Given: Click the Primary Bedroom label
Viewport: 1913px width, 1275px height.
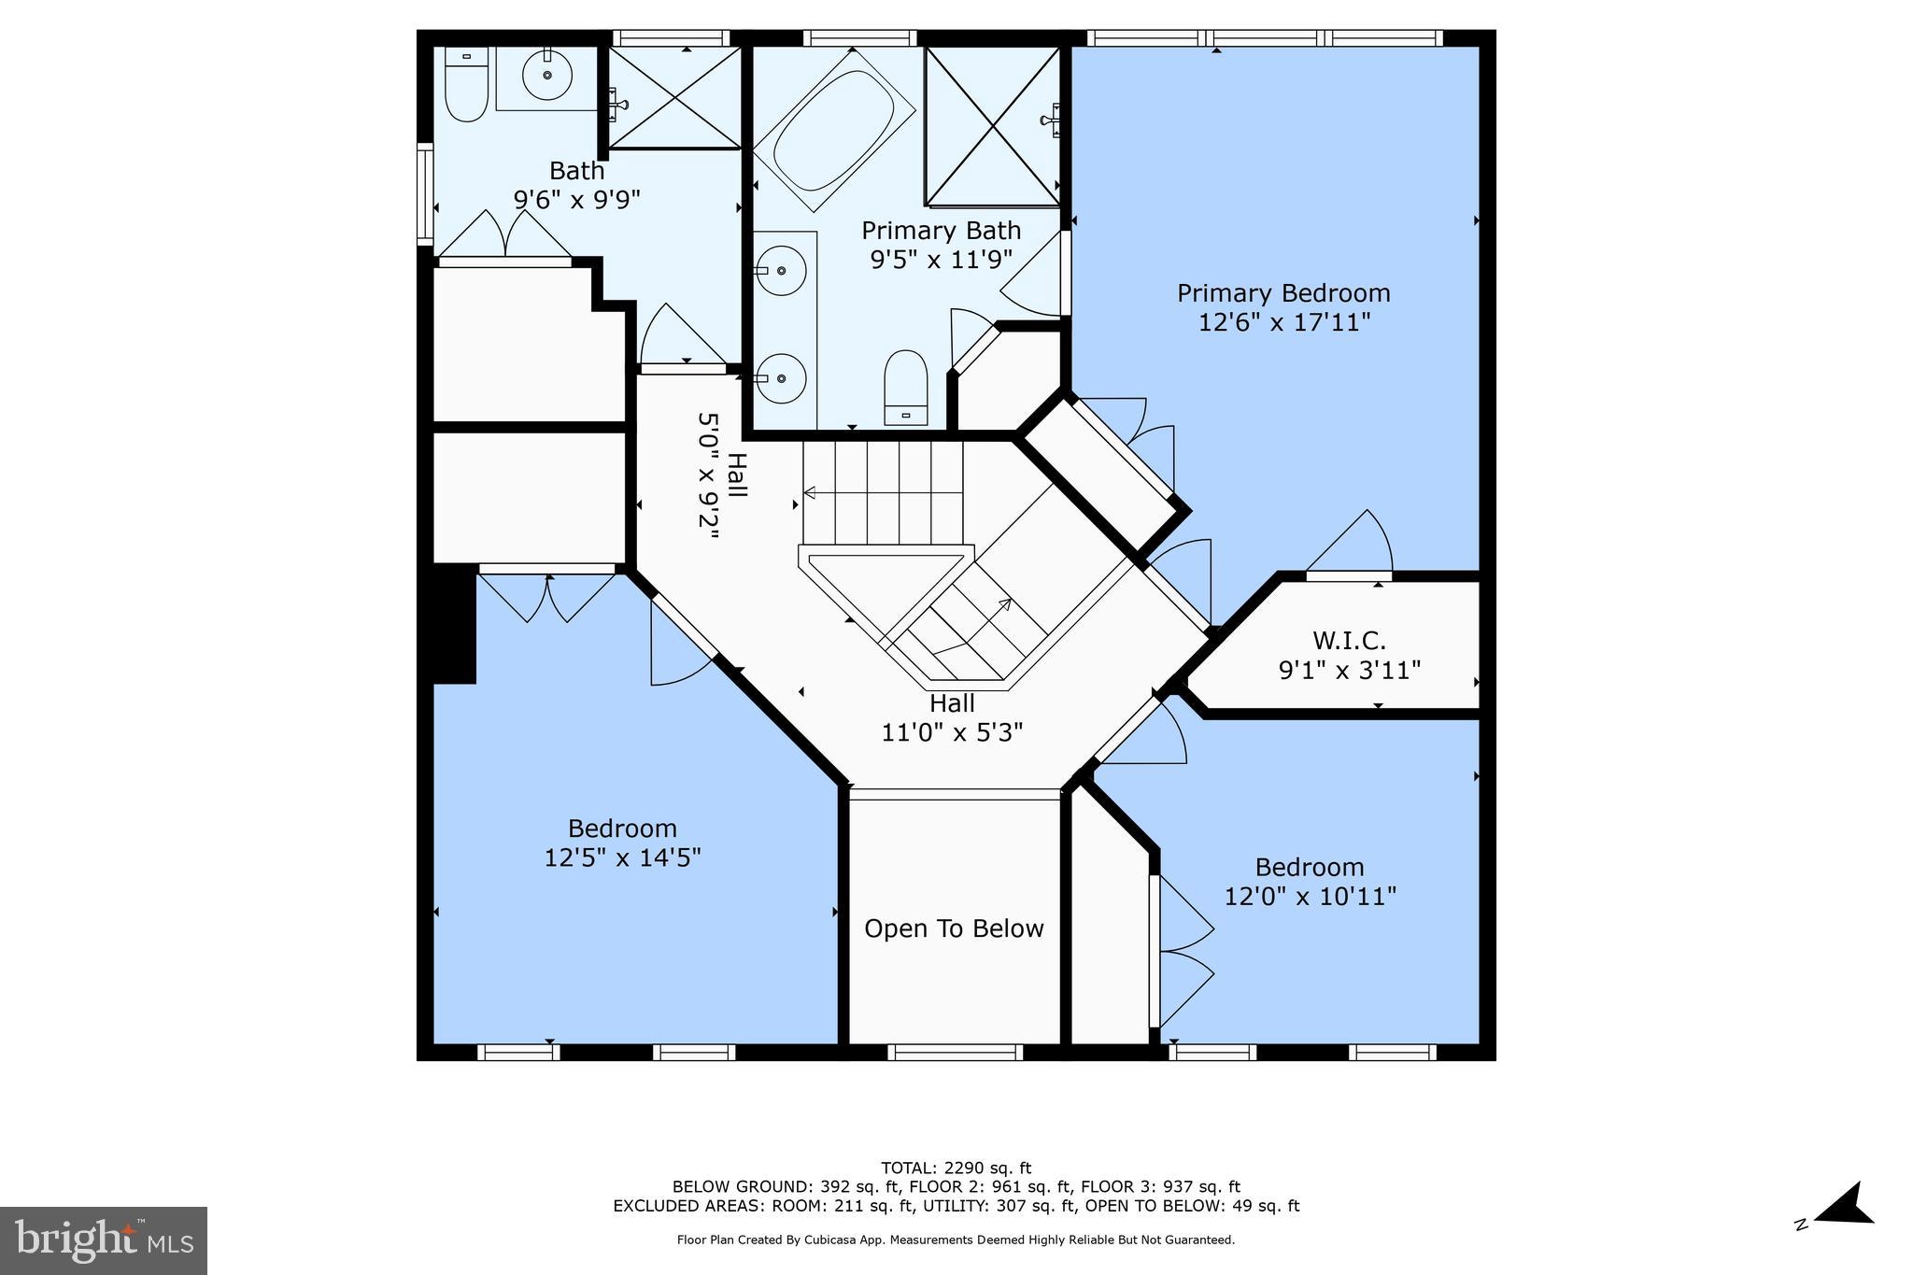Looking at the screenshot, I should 1282,293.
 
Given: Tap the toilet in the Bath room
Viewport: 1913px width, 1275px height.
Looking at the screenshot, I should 466,87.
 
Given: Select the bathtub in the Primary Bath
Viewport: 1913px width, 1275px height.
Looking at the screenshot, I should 833,129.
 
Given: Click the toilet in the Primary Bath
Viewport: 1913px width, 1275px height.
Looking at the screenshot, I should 905,387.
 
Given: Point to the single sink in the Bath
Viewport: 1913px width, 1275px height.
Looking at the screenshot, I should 546,76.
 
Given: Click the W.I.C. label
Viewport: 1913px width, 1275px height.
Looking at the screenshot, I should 1349,641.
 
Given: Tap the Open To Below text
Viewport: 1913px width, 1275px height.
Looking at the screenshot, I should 954,928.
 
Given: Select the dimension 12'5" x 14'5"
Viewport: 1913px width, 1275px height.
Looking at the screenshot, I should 622,857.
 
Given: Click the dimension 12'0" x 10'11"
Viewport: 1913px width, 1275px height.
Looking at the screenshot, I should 1310,897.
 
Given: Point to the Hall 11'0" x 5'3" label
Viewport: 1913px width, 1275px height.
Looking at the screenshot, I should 952,717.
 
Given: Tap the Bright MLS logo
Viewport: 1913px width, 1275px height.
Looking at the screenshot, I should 104,1240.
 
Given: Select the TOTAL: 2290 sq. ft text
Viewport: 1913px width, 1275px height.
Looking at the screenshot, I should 956,1168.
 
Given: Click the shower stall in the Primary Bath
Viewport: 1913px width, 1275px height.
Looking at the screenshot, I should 992,126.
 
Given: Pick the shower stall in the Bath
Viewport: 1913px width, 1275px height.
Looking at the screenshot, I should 674,98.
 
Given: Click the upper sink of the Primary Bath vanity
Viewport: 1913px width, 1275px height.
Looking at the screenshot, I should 780,270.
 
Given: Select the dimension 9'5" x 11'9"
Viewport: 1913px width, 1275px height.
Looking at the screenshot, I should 941,260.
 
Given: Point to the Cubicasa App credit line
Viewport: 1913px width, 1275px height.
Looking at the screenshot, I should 956,1240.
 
